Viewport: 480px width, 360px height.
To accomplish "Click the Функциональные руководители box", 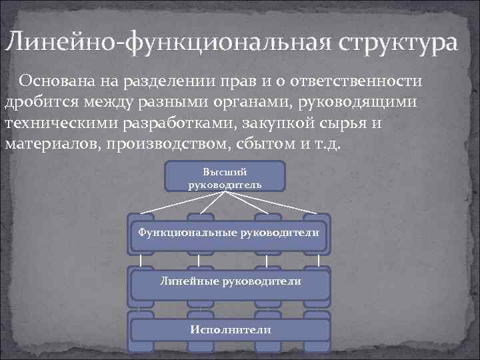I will click(x=228, y=233).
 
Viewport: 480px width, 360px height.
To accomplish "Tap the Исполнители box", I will click(x=230, y=329).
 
